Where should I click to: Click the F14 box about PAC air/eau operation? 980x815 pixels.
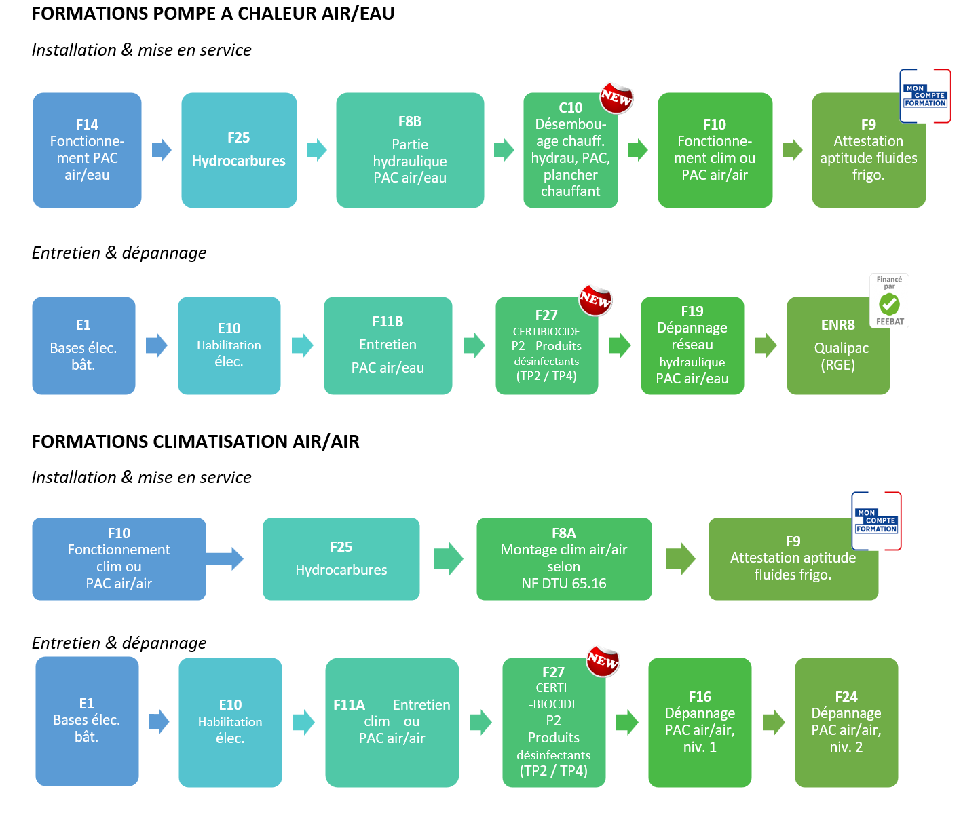pos(87,150)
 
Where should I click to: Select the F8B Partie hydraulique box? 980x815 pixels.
pos(410,150)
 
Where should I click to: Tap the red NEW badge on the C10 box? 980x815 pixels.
pos(616,97)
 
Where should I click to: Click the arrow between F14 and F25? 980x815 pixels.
pos(162,150)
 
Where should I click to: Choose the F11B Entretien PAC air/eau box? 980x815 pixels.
pos(388,345)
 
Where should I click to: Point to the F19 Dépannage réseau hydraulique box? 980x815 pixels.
pos(692,345)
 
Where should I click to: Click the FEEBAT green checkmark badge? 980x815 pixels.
pos(889,303)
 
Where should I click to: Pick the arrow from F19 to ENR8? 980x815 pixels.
pos(766,345)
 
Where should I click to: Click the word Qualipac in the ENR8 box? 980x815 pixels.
pos(842,348)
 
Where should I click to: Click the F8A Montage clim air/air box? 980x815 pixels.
pos(564,558)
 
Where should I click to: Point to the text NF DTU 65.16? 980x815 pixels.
pos(564,584)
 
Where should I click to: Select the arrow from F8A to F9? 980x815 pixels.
pos(680,558)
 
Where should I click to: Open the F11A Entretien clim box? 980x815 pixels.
pos(392,722)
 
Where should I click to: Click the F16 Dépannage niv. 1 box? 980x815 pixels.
pos(700,722)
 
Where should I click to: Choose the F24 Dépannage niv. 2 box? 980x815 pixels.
pos(846,722)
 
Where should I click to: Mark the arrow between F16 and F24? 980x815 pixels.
pos(773,722)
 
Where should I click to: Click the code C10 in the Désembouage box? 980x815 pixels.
pos(571,108)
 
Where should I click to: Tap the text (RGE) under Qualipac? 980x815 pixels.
pos(837,365)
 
